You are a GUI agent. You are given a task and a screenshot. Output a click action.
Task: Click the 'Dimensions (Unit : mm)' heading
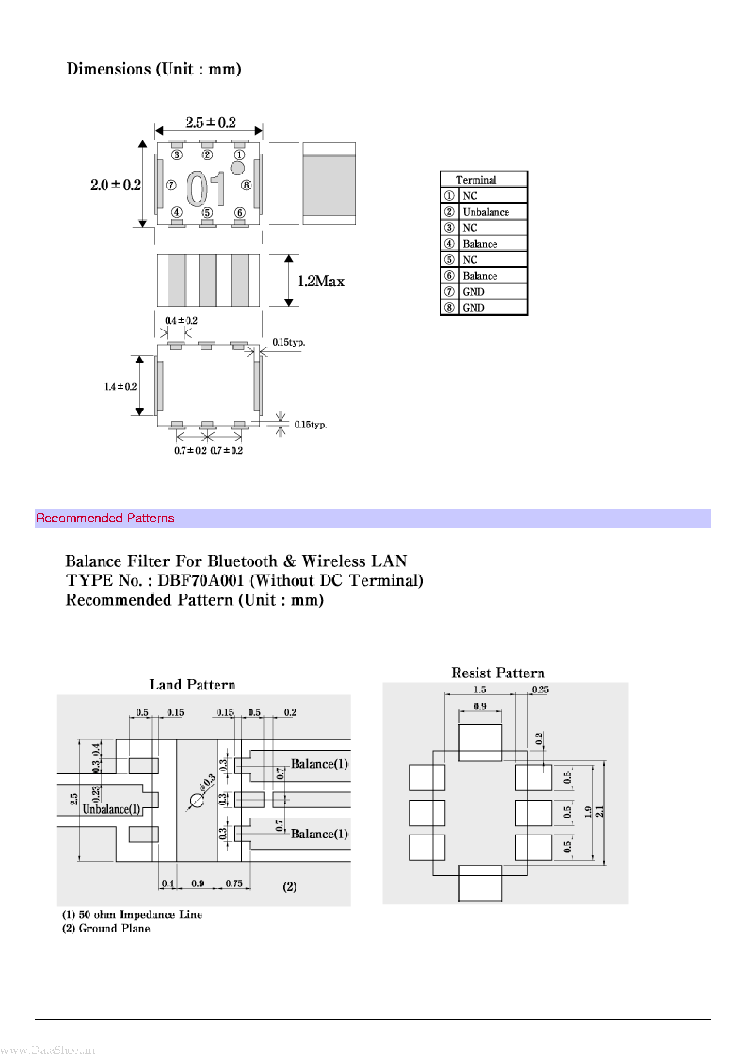click(154, 69)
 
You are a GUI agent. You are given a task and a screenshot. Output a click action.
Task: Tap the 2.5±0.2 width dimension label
click(210, 123)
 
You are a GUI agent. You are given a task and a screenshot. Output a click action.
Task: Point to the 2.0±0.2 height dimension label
click(116, 185)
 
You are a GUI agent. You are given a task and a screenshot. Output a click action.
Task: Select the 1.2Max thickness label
click(321, 281)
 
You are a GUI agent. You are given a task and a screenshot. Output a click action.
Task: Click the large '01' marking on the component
click(206, 189)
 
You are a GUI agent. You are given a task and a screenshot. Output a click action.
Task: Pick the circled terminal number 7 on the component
click(171, 185)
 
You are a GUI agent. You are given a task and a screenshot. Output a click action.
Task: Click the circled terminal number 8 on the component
click(246, 185)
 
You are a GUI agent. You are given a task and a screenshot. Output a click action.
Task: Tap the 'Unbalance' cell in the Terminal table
click(486, 212)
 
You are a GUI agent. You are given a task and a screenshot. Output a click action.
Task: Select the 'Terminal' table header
click(476, 180)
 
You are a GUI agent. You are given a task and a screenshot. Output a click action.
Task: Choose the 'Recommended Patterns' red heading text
click(105, 518)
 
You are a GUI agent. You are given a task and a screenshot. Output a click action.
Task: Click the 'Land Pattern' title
click(192, 685)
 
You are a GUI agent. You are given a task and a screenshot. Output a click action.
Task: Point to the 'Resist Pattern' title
click(498, 673)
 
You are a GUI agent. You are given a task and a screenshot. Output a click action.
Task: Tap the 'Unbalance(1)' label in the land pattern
click(111, 809)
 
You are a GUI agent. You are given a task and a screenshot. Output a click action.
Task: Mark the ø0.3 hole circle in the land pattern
click(197, 801)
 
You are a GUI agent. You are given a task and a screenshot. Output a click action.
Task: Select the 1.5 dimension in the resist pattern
click(480, 689)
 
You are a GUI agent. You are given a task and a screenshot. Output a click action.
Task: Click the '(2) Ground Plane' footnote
click(106, 928)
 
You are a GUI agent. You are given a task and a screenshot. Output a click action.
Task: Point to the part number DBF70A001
click(200, 581)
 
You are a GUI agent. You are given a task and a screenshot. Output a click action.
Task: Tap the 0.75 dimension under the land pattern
click(234, 883)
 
